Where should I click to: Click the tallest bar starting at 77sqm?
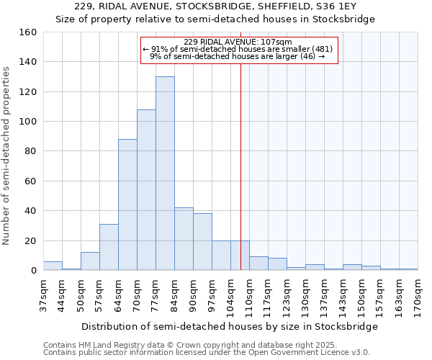(165, 174)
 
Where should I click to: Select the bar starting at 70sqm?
(146, 190)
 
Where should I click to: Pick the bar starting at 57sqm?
(109, 248)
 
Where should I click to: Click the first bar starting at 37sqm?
(53, 266)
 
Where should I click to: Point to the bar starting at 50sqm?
(90, 261)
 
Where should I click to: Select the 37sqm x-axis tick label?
(43, 295)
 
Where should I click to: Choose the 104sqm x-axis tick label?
(230, 297)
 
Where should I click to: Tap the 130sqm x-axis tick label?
(305, 297)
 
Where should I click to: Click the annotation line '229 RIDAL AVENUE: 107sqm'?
(238, 42)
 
